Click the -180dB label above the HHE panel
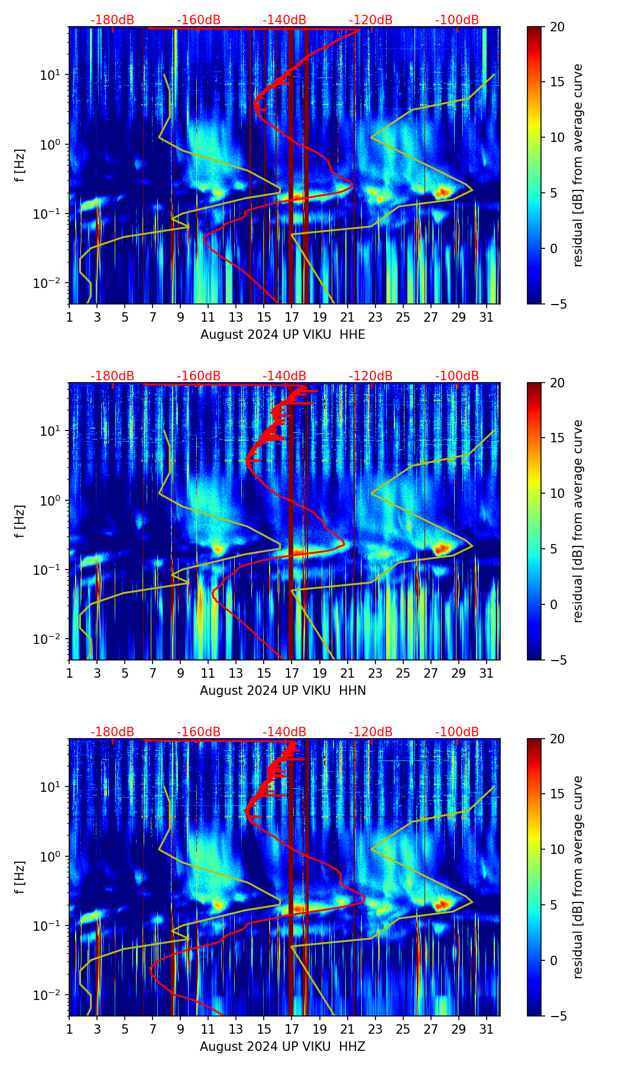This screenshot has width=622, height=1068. point(112,20)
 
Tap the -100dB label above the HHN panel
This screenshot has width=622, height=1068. point(457,376)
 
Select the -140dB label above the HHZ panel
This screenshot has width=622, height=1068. point(284,732)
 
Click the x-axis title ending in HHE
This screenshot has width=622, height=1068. point(283,335)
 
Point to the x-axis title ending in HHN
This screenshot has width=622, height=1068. point(283,691)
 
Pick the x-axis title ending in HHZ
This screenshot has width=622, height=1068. point(283,1047)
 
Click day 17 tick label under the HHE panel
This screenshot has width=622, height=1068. point(291,317)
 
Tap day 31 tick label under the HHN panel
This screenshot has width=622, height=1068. point(487,673)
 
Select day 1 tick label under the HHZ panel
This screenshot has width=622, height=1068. point(70,1029)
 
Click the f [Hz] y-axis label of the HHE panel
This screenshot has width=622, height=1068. point(20,165)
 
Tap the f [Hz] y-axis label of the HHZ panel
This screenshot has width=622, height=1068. point(20,877)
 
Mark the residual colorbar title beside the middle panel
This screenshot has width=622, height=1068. point(578,521)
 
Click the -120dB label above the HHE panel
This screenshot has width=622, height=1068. point(371,20)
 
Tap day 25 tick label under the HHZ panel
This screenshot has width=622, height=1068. point(403,1029)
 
